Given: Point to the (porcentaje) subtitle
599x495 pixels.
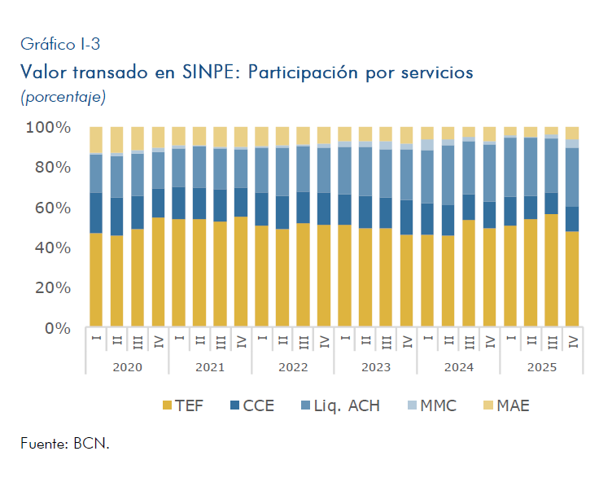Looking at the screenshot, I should pyautogui.click(x=63, y=97).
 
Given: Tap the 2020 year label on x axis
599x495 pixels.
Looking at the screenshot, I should pyautogui.click(x=127, y=367).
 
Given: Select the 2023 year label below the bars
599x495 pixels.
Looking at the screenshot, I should pyautogui.click(x=376, y=367).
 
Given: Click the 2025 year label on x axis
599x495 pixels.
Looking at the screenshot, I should pyautogui.click(x=541, y=367).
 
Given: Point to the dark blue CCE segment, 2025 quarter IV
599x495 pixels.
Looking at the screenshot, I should pyautogui.click(x=572, y=219).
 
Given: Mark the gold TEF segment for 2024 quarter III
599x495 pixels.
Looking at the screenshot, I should pyautogui.click(x=469, y=274).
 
